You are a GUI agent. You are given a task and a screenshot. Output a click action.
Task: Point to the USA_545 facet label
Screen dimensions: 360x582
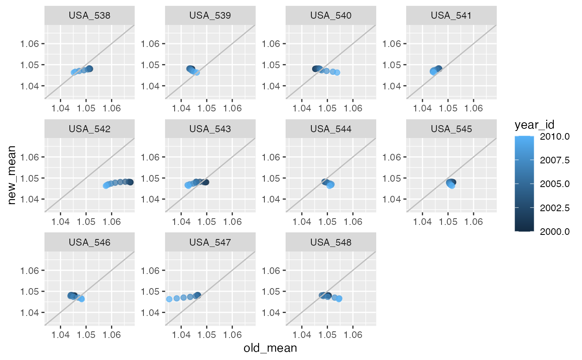coord(451,129)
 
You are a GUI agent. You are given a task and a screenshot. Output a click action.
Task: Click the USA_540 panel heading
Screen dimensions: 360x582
coord(331,16)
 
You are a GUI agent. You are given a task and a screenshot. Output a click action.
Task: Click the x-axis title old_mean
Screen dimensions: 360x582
coord(270,348)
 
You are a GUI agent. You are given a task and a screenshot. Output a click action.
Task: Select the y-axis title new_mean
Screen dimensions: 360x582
coord(12,175)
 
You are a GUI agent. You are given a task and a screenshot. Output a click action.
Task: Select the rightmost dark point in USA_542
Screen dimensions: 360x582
coord(130,182)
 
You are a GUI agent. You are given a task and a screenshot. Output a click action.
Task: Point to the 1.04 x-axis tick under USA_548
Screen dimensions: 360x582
coord(302,334)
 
